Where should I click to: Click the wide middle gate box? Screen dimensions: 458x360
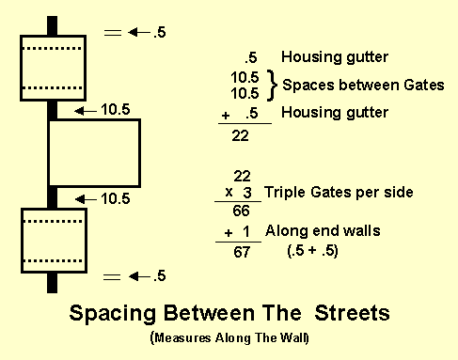click(x=94, y=152)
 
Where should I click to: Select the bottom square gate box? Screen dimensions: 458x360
click(x=54, y=241)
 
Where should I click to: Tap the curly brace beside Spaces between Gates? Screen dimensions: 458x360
click(x=273, y=86)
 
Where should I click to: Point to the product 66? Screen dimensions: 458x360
click(x=241, y=211)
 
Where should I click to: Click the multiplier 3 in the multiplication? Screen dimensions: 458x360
click(x=247, y=193)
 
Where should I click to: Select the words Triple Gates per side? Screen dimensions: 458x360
click(x=339, y=192)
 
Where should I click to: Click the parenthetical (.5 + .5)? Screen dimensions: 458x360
click(x=312, y=251)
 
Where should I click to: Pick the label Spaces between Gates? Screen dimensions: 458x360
click(x=362, y=86)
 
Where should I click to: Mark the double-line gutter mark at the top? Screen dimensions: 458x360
click(x=113, y=33)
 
